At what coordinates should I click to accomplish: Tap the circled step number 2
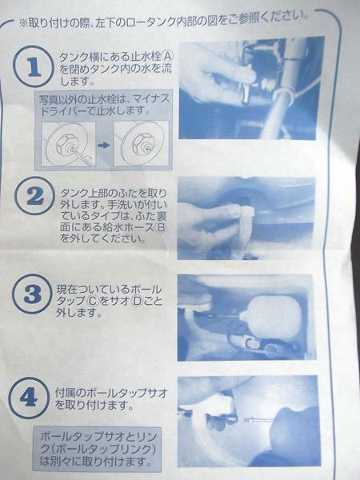(x=34, y=196)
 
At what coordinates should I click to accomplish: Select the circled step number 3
(x=32, y=294)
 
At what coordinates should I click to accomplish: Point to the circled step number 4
(x=29, y=398)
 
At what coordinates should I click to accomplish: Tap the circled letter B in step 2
(x=161, y=227)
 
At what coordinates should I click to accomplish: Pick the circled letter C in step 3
(x=93, y=302)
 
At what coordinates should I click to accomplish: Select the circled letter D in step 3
(x=136, y=302)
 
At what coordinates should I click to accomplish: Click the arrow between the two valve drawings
(x=104, y=145)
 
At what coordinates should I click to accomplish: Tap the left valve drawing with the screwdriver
(x=68, y=144)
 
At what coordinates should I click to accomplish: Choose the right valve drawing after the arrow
(x=141, y=143)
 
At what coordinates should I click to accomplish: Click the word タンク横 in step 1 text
(x=75, y=57)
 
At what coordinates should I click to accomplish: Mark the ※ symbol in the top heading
(x=23, y=23)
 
